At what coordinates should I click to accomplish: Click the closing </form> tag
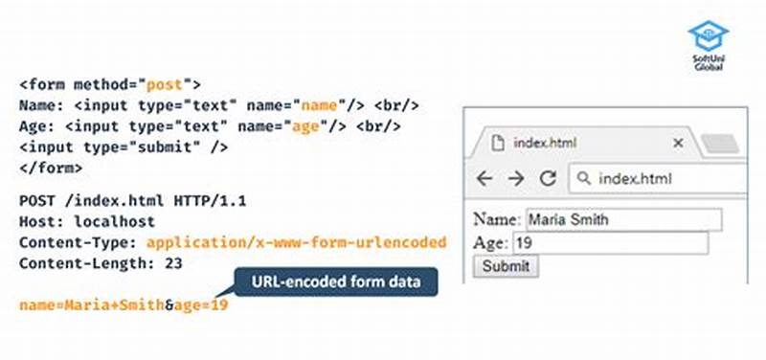(x=51, y=168)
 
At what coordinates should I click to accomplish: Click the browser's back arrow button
(x=484, y=178)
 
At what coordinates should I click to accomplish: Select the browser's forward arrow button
(x=516, y=178)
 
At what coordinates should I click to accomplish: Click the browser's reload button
(x=548, y=178)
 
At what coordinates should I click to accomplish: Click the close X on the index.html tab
(x=678, y=143)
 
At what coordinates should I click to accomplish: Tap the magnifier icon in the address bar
(x=582, y=178)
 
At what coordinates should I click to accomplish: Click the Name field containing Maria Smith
(x=621, y=220)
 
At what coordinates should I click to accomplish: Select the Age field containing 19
(x=610, y=243)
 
